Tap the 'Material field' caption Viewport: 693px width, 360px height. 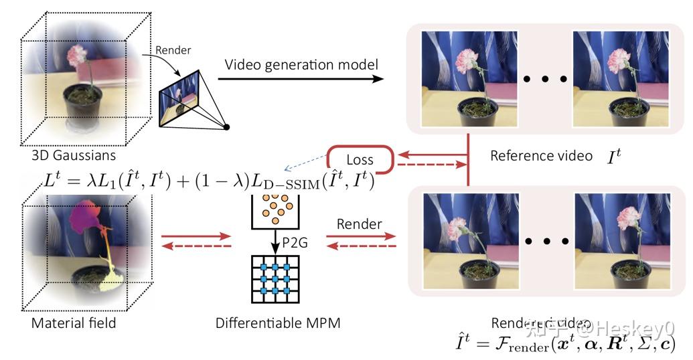(x=74, y=323)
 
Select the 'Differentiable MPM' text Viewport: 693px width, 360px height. (x=278, y=323)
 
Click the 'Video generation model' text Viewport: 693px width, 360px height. (x=301, y=65)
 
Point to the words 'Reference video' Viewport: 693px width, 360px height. (x=541, y=156)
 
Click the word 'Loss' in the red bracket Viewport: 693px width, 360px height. (x=360, y=160)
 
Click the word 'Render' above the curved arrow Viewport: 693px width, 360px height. (x=173, y=51)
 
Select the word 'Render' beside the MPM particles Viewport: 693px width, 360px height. (x=360, y=223)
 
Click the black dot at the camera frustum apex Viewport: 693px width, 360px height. (x=227, y=127)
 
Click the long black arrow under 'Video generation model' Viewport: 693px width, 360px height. (x=301, y=79)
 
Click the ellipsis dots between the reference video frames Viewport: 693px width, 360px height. (x=545, y=80)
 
